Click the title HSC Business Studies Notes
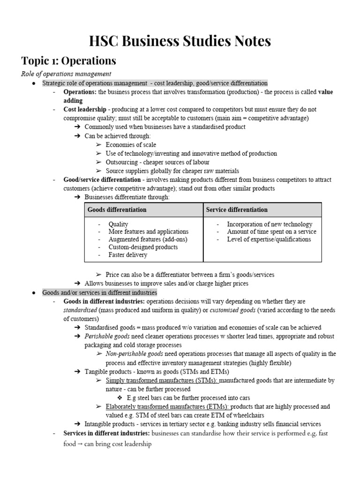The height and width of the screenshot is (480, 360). (x=180, y=41)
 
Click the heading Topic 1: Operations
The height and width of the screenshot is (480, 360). (x=68, y=61)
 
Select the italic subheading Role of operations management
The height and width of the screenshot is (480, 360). (x=66, y=74)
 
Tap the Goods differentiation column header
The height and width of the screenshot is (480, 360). (x=117, y=210)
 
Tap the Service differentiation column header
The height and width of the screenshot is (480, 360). (x=237, y=210)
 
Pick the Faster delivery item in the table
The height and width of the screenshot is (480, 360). (x=127, y=255)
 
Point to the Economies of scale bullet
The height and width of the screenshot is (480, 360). (x=131, y=145)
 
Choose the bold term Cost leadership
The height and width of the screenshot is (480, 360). (x=84, y=109)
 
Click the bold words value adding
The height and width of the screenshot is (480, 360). (x=73, y=100)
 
